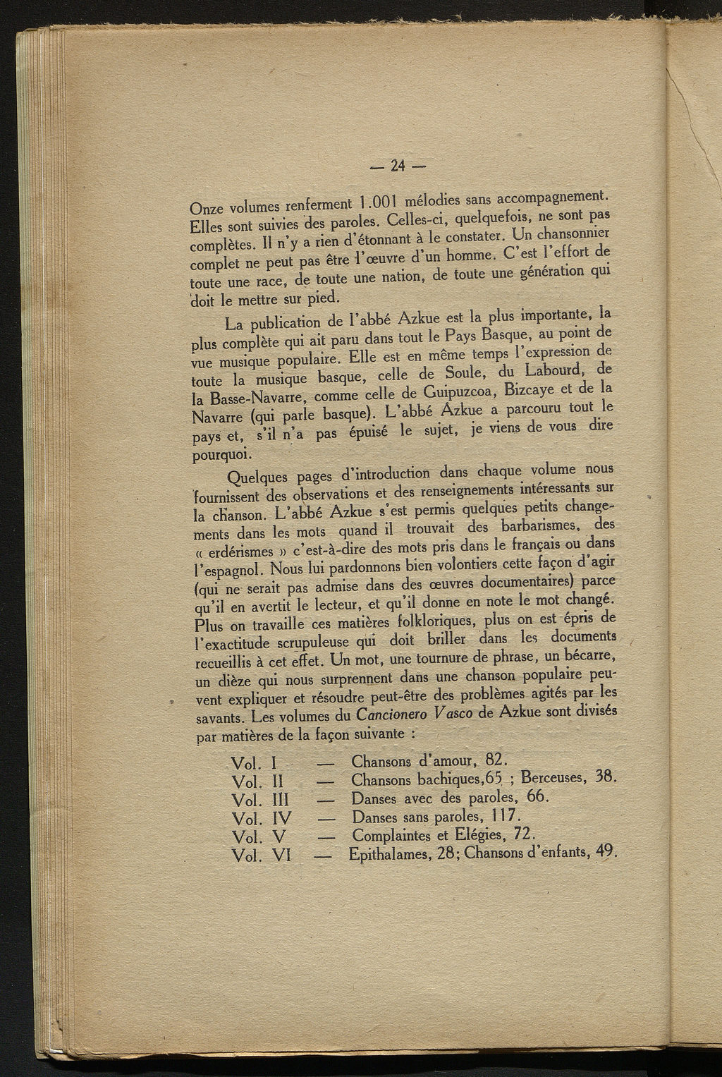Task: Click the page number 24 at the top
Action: point(398,166)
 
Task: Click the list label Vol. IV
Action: point(262,819)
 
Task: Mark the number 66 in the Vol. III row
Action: point(537,796)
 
